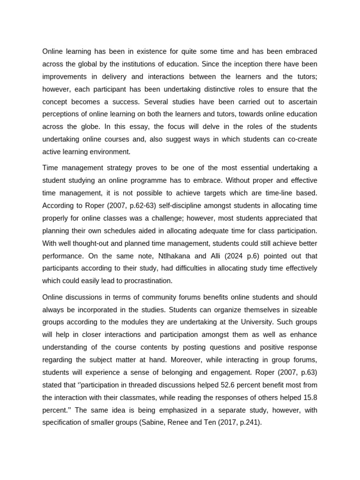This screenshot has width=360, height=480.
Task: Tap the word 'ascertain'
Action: coord(301,102)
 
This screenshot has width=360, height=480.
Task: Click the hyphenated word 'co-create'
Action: coord(302,140)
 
